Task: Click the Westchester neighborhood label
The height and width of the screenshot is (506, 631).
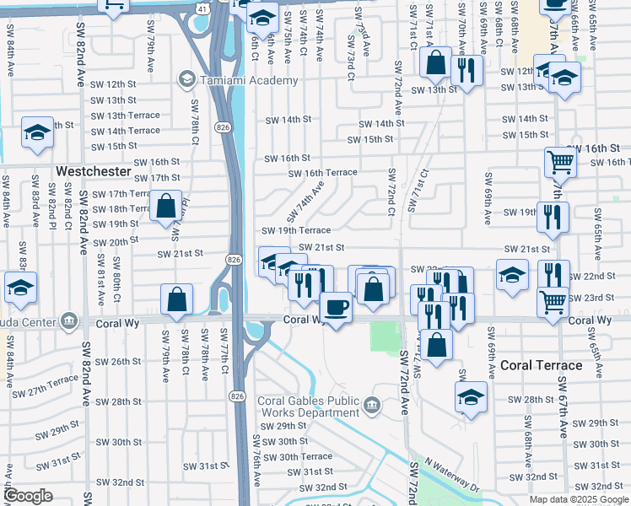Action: pyautogui.click(x=93, y=171)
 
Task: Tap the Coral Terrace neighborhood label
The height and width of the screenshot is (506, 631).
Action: pyautogui.click(x=541, y=365)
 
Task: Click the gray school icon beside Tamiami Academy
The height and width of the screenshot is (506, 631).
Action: pyautogui.click(x=185, y=80)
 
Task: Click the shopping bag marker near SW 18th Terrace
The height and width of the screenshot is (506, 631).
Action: pyautogui.click(x=166, y=205)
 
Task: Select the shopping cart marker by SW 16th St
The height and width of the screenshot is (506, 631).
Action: pyautogui.click(x=559, y=161)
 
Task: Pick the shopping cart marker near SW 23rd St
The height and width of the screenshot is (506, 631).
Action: pyautogui.click(x=553, y=300)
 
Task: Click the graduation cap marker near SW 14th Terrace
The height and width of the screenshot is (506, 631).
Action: pyautogui.click(x=37, y=132)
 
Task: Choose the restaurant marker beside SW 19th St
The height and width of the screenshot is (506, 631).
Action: pyautogui.click(x=553, y=216)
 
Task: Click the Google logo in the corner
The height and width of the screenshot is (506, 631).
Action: pyautogui.click(x=28, y=496)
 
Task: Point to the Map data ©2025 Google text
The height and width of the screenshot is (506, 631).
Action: pyautogui.click(x=578, y=499)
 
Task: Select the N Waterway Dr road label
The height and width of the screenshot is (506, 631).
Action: pyautogui.click(x=451, y=475)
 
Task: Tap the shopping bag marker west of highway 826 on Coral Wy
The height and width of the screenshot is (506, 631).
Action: pyautogui.click(x=176, y=299)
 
